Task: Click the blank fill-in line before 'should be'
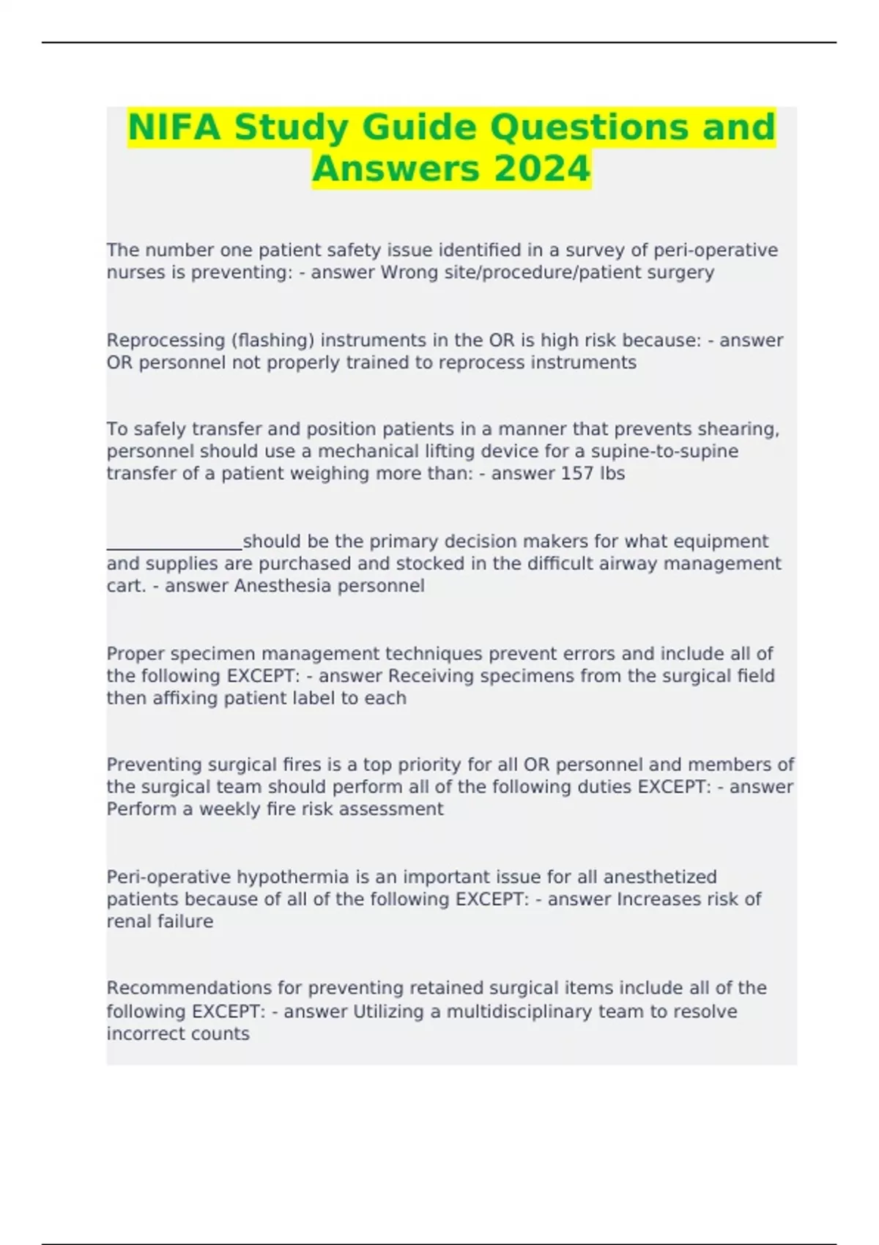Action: pyautogui.click(x=174, y=543)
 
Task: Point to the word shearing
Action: pyautogui.click(x=741, y=428)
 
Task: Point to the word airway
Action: pyautogui.click(x=650, y=564)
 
